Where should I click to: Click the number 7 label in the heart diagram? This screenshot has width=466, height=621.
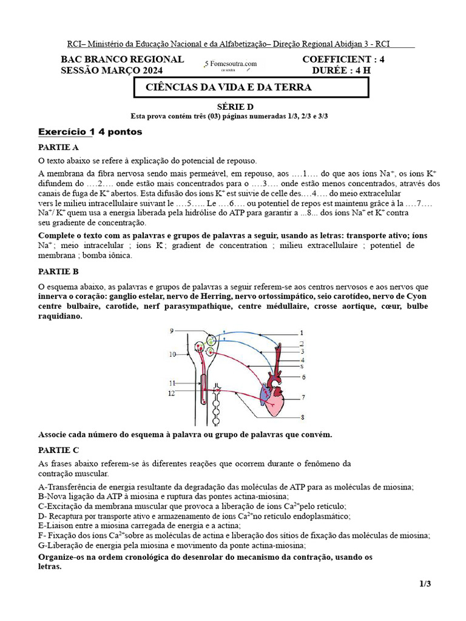coord(303,398)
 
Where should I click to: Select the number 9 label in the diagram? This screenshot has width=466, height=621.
coord(172,331)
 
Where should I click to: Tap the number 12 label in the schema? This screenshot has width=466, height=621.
coord(172,393)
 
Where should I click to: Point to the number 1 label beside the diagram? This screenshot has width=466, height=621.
coord(302,333)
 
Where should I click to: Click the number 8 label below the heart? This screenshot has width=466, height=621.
coord(302,417)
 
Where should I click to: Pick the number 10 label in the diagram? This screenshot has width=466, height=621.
coord(172,354)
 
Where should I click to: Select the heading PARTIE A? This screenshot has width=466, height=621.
coord(58,147)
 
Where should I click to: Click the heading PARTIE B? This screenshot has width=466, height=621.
coord(58,271)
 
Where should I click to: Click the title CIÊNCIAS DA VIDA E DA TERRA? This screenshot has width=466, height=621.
coord(229,87)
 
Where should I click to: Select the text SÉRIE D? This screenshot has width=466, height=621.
coord(233,106)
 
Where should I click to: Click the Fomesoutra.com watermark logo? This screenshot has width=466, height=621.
coord(231,64)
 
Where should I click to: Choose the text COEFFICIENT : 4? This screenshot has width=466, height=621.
coord(343,59)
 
